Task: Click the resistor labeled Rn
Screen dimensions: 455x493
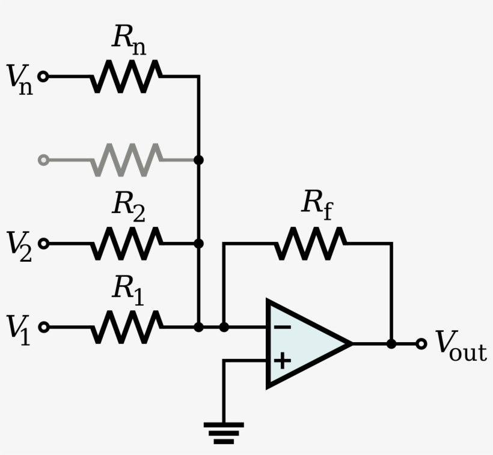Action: [x=126, y=76]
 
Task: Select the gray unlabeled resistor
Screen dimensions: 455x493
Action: [x=126, y=160]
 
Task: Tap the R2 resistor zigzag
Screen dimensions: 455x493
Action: [x=126, y=243]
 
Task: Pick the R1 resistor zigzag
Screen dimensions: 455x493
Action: [x=126, y=327]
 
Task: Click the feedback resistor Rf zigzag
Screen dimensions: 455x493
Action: [x=310, y=243]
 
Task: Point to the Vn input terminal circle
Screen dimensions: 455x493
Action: [x=43, y=76]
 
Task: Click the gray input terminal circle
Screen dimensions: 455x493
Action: [x=43, y=160]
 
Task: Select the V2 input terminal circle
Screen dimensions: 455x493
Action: [x=43, y=243]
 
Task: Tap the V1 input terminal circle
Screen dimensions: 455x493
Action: [x=43, y=327]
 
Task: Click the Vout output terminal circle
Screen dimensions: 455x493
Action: [x=421, y=344]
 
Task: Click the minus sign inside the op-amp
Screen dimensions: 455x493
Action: [x=283, y=327]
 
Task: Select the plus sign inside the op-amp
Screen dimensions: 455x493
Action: [x=283, y=361]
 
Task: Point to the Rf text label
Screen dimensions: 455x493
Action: [x=317, y=204]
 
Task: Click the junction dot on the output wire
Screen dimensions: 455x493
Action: [x=391, y=344]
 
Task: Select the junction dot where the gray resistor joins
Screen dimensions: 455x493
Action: [x=198, y=160]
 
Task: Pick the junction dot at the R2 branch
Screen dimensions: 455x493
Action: [x=198, y=243]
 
